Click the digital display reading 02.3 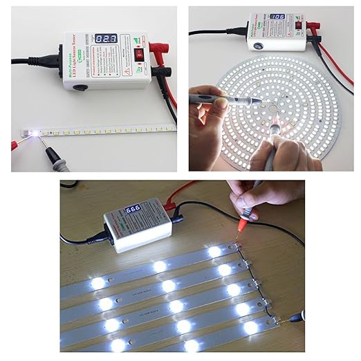(107, 41)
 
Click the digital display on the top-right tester (278, 17)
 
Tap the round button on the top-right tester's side (258, 46)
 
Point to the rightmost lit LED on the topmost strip (215, 252)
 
